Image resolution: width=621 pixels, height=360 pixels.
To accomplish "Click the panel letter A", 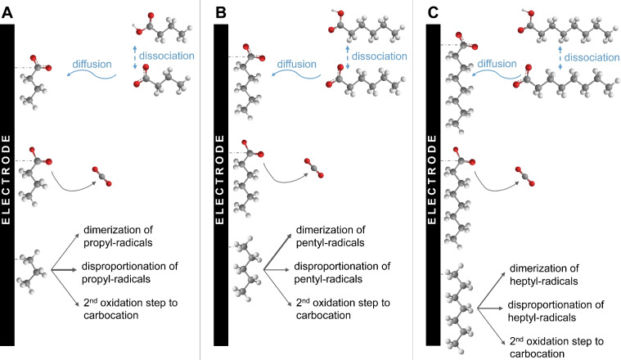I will click(x=7, y=10).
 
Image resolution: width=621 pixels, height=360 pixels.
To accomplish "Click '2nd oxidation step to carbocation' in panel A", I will click(x=128, y=310).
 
